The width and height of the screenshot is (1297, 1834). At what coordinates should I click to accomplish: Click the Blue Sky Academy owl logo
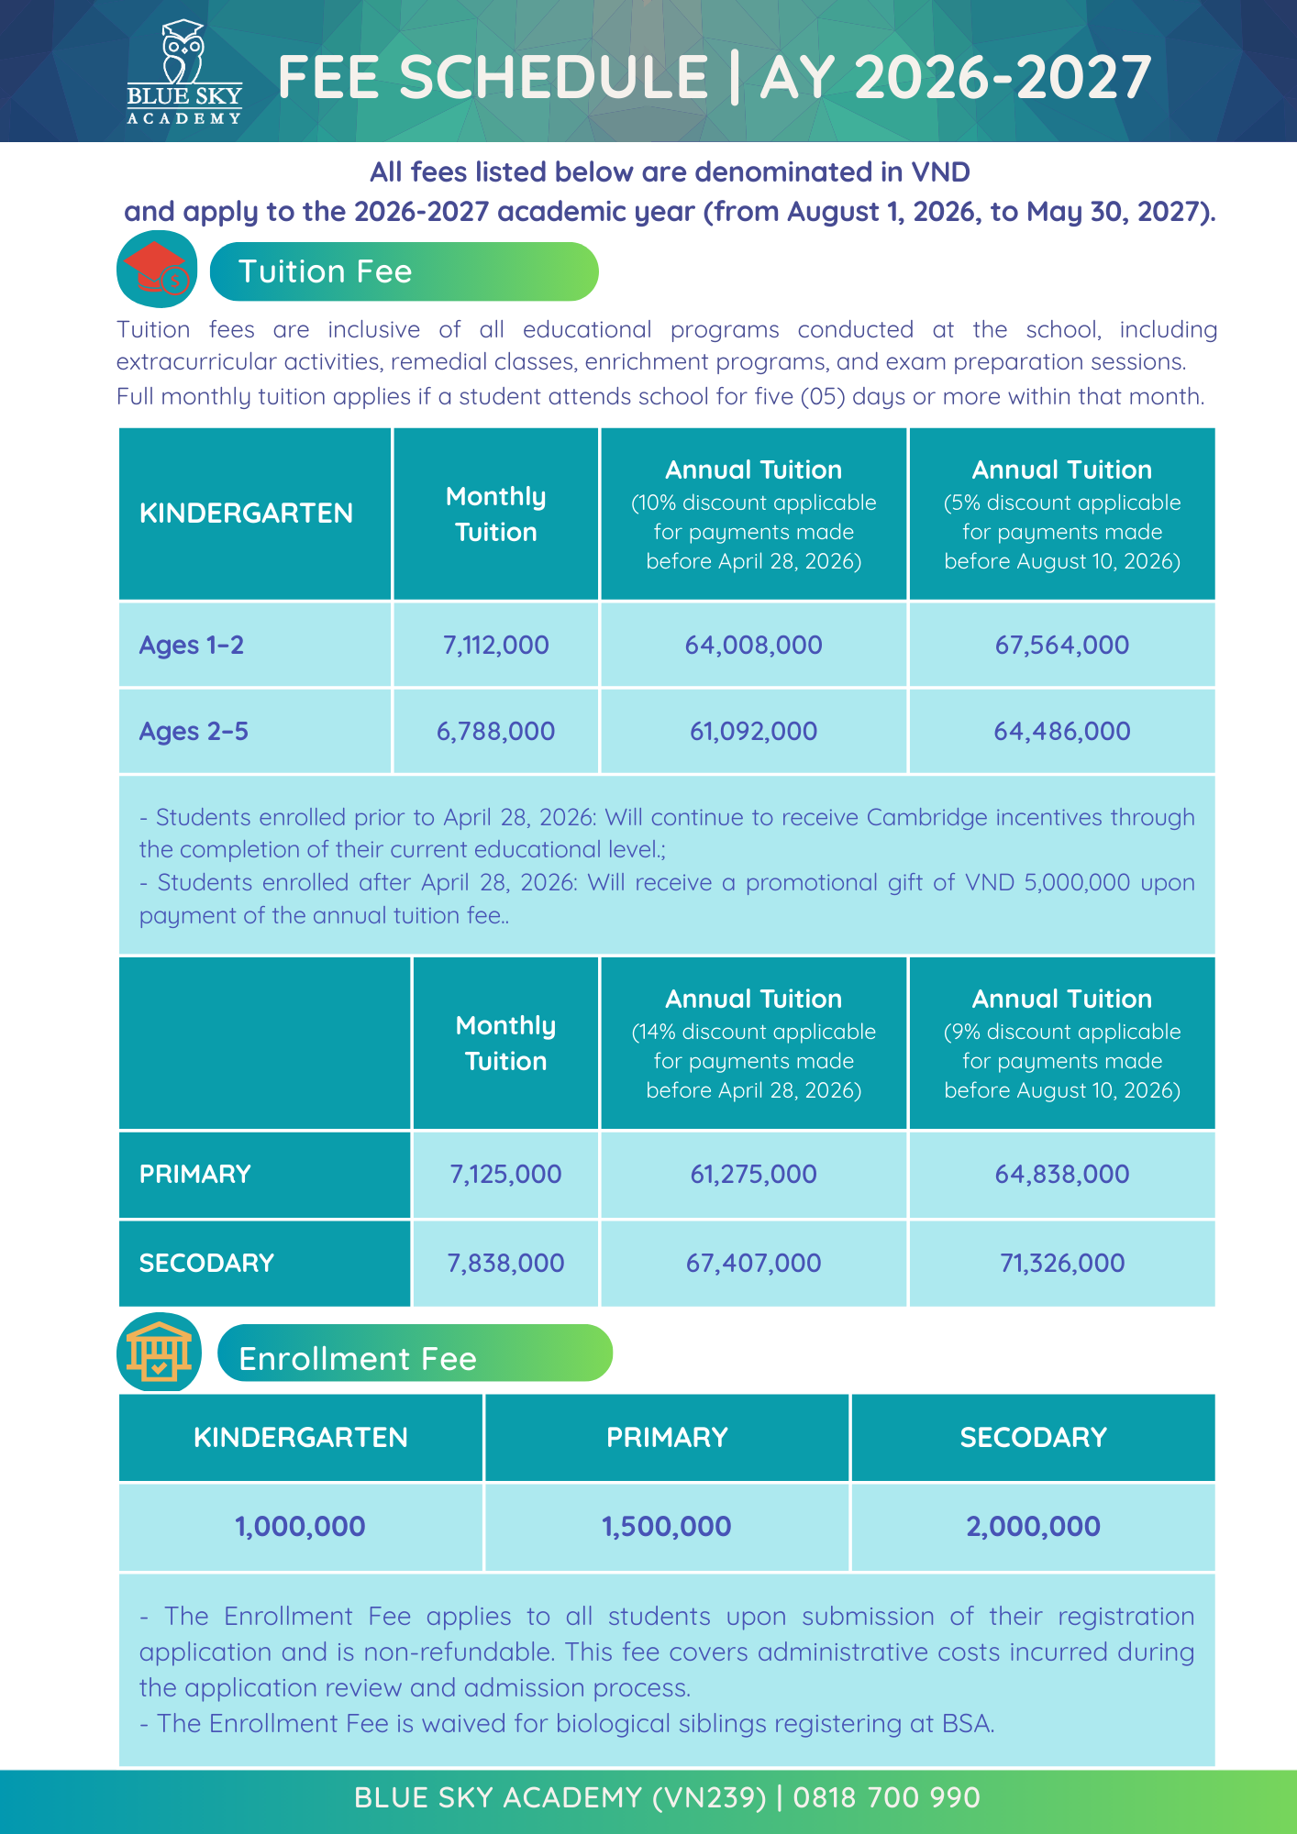pos(183,72)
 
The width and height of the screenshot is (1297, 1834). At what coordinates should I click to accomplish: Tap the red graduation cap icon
pos(157,269)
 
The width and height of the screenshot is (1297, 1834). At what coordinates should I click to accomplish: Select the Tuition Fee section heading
pos(325,271)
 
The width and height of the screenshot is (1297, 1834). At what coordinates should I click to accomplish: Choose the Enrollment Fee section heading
pos(358,1357)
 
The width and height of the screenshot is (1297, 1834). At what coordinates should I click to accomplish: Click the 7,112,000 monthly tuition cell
pos(495,645)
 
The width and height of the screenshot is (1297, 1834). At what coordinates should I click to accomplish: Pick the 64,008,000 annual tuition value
pos(753,645)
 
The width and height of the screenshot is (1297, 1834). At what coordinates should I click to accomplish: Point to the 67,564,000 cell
pos(1061,645)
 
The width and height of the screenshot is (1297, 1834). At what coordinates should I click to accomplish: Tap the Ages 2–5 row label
pos(194,731)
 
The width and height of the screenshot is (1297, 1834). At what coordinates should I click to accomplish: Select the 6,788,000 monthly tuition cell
pos(495,731)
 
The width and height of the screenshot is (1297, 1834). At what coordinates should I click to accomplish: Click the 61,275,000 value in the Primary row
pos(753,1174)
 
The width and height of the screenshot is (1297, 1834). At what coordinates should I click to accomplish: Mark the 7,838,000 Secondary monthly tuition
pos(505,1263)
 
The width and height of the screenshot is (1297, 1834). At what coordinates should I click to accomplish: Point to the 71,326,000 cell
pos(1061,1263)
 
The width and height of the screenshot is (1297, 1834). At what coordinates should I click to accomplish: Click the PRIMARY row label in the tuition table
pos(195,1174)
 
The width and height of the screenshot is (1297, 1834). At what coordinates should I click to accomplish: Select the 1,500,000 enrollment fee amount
pos(666,1526)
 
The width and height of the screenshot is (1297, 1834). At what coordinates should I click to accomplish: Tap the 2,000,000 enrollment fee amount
pos(1033,1526)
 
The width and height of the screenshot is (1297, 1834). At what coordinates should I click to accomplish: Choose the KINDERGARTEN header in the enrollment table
pos(301,1437)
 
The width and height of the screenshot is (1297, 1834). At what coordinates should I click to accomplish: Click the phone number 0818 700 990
pos(886,1797)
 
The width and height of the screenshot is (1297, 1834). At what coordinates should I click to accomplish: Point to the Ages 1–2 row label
pos(192,645)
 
